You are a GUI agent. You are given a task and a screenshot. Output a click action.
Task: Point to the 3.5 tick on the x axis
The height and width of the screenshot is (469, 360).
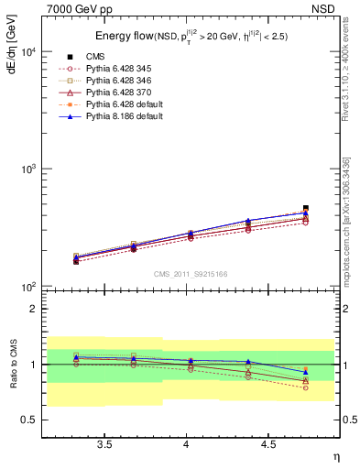pyautogui.click(x=105, y=443)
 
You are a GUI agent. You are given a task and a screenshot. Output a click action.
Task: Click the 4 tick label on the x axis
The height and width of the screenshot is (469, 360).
pyautogui.click(x=187, y=443)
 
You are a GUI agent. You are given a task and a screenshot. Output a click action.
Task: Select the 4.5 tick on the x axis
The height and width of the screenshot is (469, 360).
pyautogui.click(x=268, y=443)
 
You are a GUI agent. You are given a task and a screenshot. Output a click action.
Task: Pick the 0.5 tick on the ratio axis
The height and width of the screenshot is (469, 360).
pyautogui.click(x=42, y=420)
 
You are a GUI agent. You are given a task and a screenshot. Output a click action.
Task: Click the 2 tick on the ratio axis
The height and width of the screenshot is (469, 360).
pyautogui.click(x=49, y=309)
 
